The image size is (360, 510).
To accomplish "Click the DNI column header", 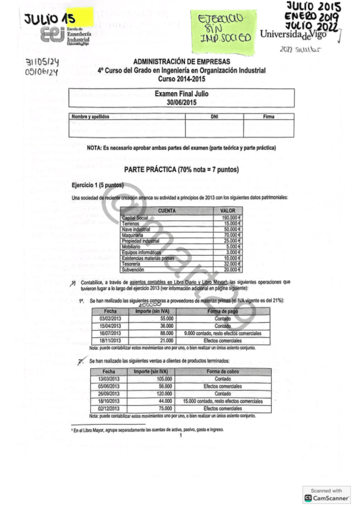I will pyautogui.click(x=214, y=116).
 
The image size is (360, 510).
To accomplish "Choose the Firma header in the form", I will pyautogui.click(x=269, y=116).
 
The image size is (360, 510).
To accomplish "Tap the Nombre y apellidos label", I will pyautogui.click(x=90, y=116).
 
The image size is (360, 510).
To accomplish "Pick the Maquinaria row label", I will pyautogui.click(x=132, y=235).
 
